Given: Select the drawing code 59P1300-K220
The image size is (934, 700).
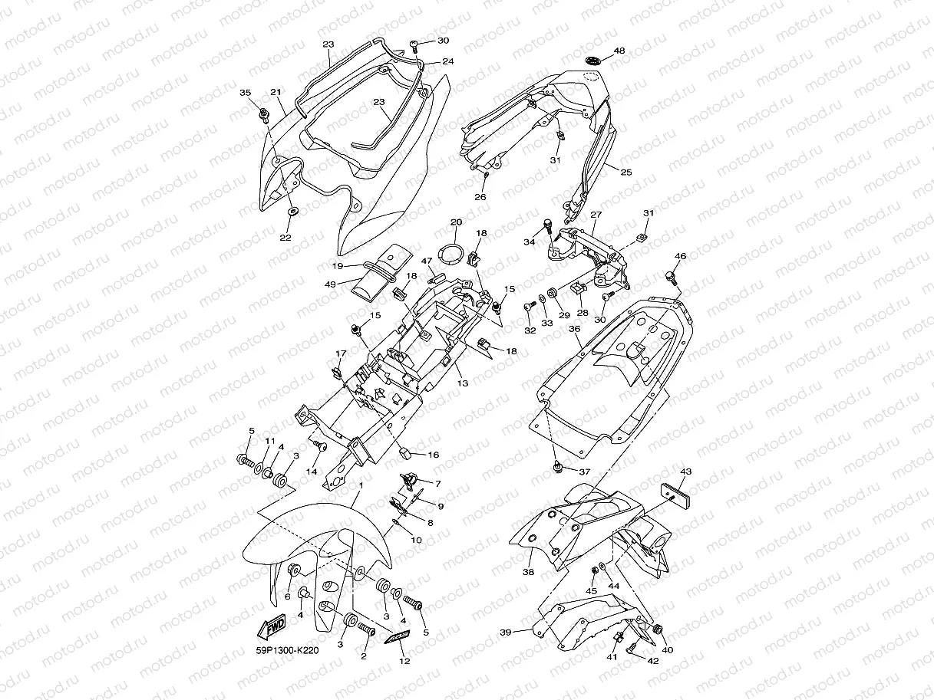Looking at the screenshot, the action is point(286,651).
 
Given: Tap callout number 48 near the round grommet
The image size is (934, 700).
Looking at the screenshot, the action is point(619,51).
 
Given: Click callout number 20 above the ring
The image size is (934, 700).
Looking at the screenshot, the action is point(455,222).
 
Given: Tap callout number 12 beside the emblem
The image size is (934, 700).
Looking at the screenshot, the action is point(404,661).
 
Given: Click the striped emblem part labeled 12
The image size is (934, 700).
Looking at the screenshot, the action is point(398,637).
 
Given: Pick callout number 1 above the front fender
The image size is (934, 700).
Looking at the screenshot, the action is point(361,485).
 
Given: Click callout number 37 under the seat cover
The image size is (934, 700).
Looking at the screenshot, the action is point(585,472).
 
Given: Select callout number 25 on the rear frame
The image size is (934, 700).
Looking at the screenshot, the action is point(626,173).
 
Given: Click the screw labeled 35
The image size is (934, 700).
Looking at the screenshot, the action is point(264,114).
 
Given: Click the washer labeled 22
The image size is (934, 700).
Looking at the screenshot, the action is point(294,211).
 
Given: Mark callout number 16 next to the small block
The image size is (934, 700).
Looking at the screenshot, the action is point(433,455).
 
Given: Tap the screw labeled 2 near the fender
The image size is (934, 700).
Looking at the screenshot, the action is point(366,631).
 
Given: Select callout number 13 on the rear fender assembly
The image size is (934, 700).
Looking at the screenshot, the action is point(463,381).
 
